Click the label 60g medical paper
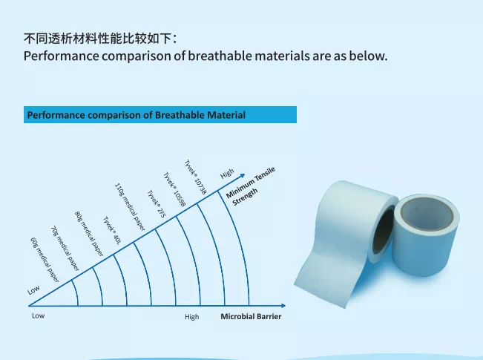coord(45,260)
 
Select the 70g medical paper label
coord(65,249)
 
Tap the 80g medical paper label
coord(89,234)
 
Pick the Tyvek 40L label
coord(111,231)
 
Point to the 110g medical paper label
coord(130,207)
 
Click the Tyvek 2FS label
coord(157,203)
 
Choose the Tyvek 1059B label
coord(174,189)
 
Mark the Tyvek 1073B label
coord(195,177)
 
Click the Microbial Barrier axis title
coord(251,316)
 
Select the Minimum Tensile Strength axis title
coord(251,186)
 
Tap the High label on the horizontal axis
coord(192,317)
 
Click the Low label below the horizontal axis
coord(38,315)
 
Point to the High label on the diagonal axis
coord(227,174)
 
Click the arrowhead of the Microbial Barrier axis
coord(283,306)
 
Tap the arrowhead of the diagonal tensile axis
coord(243,176)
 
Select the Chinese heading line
coord(100,39)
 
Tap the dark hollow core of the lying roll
coord(383,231)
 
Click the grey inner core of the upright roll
coord(427,214)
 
